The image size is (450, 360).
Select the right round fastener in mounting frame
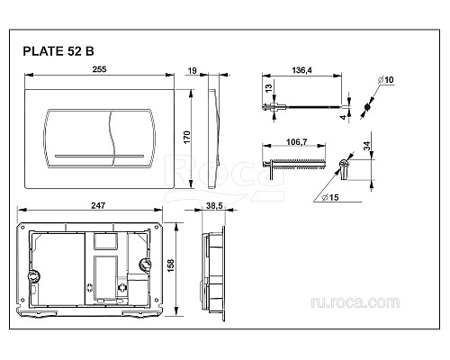click(x=144, y=267)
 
